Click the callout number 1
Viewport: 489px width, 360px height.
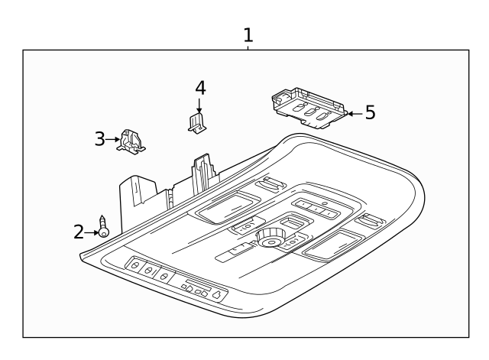coord(248,34)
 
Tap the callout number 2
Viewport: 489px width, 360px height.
coord(79,232)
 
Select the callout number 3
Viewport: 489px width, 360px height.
coord(99,138)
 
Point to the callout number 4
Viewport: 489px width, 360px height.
coord(200,88)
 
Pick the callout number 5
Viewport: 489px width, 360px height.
coord(370,112)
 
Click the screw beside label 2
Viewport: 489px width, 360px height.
coord(103,227)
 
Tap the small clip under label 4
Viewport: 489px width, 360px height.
coord(198,123)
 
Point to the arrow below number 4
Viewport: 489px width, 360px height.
coord(200,106)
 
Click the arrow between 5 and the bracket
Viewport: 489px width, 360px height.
coord(353,113)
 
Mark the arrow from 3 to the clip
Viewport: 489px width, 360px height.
coord(114,139)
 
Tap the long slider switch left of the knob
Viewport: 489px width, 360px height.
coord(235,253)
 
